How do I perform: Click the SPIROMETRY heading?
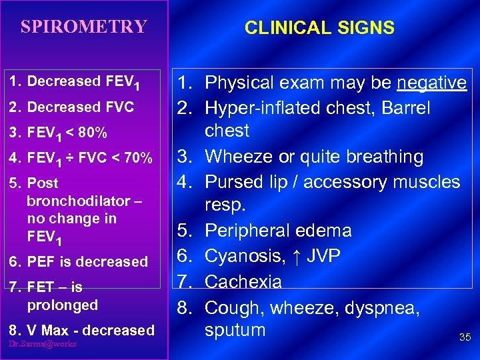[83, 27]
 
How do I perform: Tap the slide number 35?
[465, 337]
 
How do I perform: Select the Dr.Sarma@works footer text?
[43, 343]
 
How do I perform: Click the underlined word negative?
[431, 83]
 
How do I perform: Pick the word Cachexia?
[243, 282]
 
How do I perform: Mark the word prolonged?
[63, 305]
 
